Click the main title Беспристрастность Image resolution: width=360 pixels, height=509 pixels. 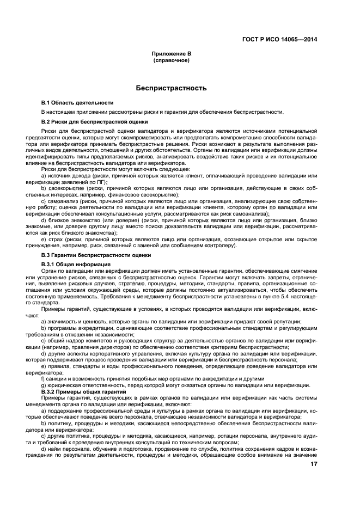click(x=171, y=88)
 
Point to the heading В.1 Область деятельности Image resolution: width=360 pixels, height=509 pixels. click(x=77, y=102)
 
